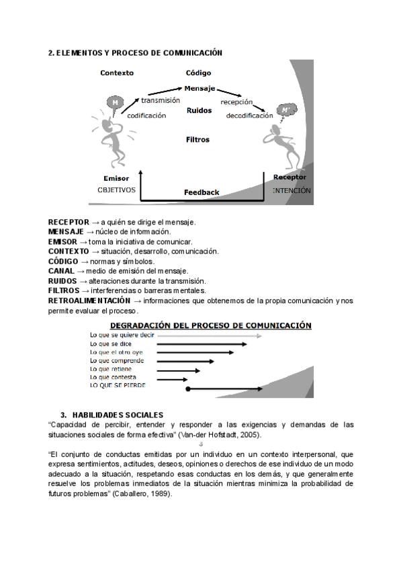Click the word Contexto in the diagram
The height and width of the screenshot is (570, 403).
coord(117,73)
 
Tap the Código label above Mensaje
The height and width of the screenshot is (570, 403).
coord(198,73)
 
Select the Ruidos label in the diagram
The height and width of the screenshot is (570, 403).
coord(199,110)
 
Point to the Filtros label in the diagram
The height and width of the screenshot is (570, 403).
coord(197,140)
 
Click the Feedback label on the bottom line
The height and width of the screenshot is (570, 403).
coord(201,192)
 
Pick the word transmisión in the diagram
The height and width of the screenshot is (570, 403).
coord(160,99)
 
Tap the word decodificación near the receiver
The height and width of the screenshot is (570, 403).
coord(249,116)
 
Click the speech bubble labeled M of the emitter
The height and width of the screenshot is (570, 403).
coord(115,102)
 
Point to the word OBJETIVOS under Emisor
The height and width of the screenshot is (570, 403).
coord(116,190)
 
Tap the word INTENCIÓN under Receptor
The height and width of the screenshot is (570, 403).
coord(292,190)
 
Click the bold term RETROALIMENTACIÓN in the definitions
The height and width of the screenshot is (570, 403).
coord(89,300)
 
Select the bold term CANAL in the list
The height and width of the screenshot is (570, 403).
coord(61,271)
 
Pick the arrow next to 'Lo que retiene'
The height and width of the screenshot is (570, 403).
coord(178,370)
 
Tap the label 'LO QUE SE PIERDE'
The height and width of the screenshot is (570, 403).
coord(118,386)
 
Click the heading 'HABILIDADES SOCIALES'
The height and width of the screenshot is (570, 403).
coord(118,415)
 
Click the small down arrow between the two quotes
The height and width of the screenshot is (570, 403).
coord(201,444)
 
